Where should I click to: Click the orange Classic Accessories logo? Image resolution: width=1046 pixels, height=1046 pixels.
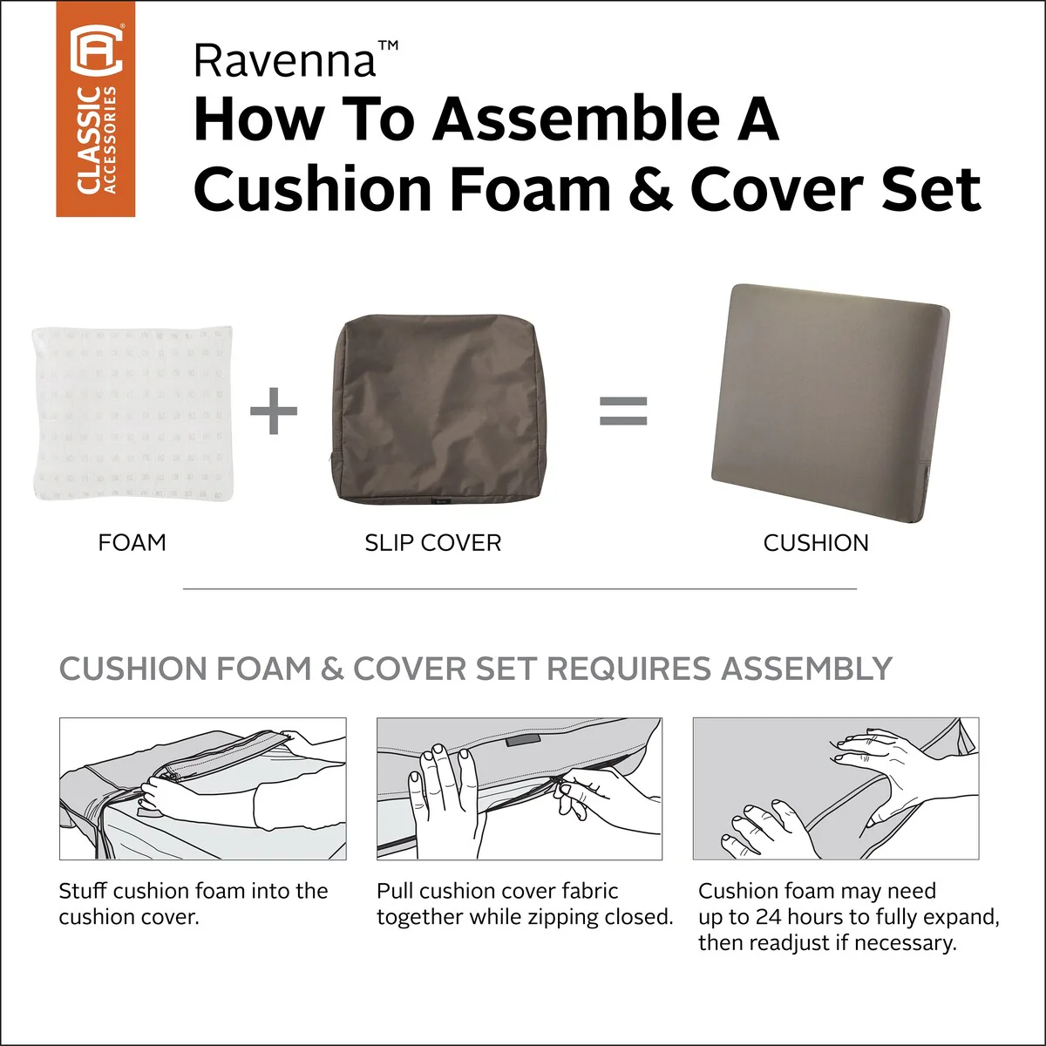pyautogui.click(x=96, y=109)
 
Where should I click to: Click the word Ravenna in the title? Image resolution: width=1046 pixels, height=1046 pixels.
pyautogui.click(x=284, y=61)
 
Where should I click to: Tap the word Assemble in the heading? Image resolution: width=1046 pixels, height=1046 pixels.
pyautogui.click(x=575, y=119)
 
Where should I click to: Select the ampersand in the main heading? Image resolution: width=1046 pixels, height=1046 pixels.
pyautogui.click(x=651, y=189)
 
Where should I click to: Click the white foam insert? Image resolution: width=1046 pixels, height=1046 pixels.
pyautogui.click(x=133, y=412)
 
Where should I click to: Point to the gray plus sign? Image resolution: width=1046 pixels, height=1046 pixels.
pyautogui.click(x=274, y=411)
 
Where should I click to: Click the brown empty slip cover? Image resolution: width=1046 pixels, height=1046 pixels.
pyautogui.click(x=438, y=410)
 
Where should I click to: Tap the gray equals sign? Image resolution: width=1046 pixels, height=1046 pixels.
pyautogui.click(x=623, y=411)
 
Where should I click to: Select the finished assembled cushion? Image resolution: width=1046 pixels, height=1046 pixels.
pyautogui.click(x=831, y=404)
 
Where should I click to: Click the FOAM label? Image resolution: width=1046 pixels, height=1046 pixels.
pyautogui.click(x=132, y=543)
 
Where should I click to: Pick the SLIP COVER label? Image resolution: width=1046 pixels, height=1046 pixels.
pyautogui.click(x=433, y=543)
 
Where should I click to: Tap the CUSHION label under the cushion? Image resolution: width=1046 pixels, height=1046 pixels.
pyautogui.click(x=816, y=543)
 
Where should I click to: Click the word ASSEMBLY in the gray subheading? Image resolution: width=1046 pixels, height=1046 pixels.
pyautogui.click(x=806, y=668)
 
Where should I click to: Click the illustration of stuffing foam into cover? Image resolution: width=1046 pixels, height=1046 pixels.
pyautogui.click(x=203, y=789)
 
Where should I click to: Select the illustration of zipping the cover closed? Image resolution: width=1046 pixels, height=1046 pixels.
pyautogui.click(x=520, y=789)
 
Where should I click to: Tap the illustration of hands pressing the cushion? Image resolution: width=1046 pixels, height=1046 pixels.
pyautogui.click(x=836, y=789)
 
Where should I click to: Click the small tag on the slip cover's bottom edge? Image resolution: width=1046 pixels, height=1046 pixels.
pyautogui.click(x=438, y=501)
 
